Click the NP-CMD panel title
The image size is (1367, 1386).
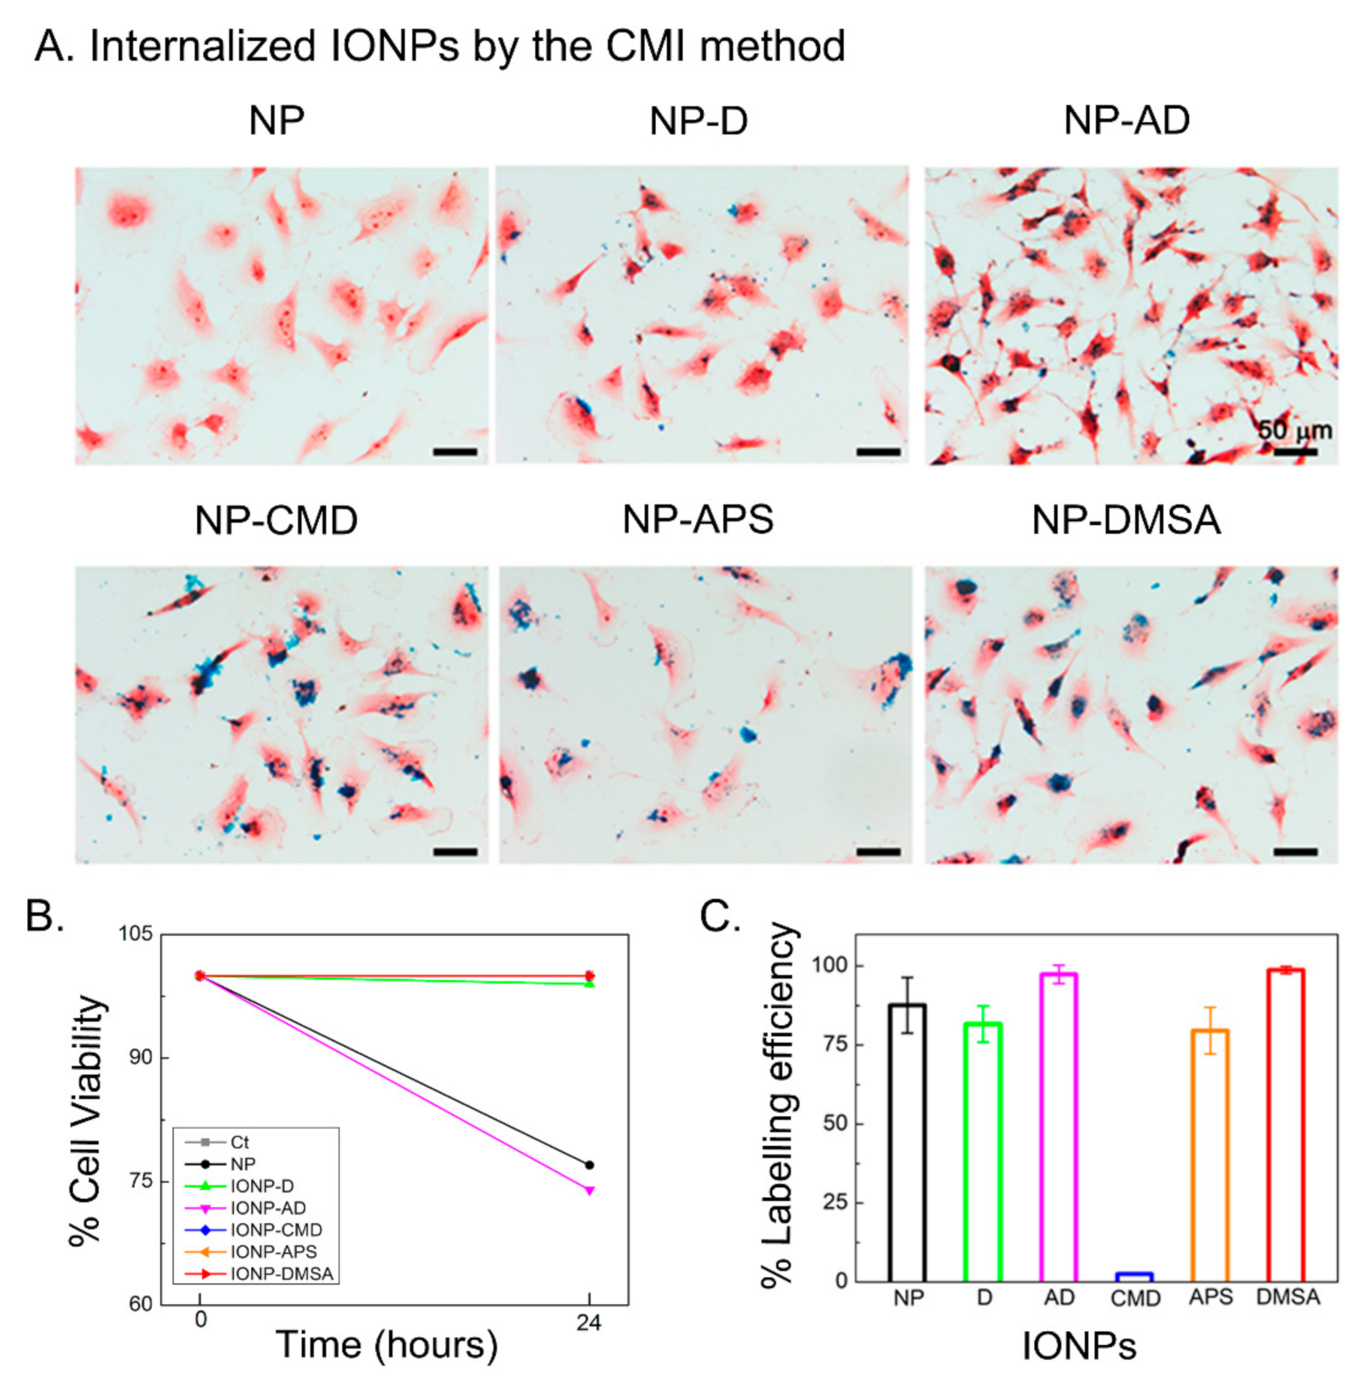276,520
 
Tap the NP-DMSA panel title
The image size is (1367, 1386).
1125,520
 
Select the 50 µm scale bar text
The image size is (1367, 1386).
1294,431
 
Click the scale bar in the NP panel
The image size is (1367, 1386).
455,452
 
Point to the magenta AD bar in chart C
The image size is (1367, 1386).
1059,1127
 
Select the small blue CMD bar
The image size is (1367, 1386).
1134,1276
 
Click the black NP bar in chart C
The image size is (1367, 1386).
907,1142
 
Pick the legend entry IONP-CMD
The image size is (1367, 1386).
276,1230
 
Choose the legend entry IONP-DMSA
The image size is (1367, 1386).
281,1274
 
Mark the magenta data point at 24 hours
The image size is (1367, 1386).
589,1191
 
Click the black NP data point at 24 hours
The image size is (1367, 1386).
589,1166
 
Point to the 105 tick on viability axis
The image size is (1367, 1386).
135,934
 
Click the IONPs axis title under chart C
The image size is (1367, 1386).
1078,1346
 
